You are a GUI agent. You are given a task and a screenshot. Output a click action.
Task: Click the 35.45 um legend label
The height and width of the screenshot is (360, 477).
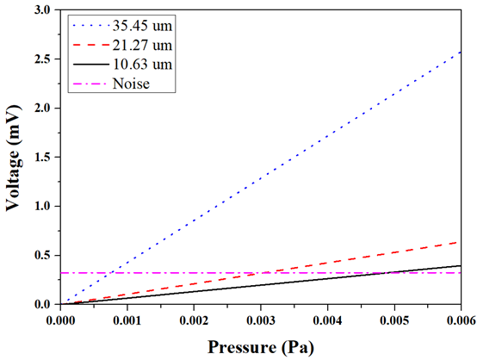(x=142, y=26)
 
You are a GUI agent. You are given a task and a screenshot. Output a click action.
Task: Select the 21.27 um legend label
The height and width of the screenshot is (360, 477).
(x=142, y=45)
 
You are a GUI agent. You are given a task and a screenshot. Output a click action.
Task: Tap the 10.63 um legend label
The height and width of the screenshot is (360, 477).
(x=142, y=65)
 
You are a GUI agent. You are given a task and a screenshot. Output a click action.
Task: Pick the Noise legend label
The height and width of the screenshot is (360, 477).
(x=131, y=84)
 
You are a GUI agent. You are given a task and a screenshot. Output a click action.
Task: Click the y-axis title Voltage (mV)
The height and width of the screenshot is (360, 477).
(x=14, y=158)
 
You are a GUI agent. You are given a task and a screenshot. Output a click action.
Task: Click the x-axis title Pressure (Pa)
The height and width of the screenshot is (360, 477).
(x=261, y=347)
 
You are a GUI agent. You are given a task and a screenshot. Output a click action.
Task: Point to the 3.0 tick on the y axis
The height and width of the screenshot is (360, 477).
(x=46, y=9)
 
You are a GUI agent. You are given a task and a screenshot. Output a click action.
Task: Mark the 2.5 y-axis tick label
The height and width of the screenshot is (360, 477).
(x=46, y=59)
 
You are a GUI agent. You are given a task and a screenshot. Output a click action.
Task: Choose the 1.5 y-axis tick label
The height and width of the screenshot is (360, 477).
(x=46, y=157)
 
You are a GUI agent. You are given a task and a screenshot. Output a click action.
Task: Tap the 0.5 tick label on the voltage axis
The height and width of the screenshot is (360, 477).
(x=46, y=255)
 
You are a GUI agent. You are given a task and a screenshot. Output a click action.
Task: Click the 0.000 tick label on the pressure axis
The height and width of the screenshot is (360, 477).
(x=60, y=320)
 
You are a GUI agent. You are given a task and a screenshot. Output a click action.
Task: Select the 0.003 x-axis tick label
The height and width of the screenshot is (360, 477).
(x=261, y=320)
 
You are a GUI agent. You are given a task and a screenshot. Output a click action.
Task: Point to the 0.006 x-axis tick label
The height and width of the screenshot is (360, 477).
(x=461, y=320)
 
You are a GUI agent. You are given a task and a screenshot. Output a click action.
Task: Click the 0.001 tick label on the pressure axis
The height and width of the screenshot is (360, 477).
(x=127, y=320)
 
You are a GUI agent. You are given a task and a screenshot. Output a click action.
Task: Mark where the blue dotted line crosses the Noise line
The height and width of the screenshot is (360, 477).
(x=111, y=273)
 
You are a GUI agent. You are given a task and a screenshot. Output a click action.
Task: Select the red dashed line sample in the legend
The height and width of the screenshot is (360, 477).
(x=91, y=46)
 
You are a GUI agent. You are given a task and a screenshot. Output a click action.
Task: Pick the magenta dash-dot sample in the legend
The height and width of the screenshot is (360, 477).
(x=91, y=84)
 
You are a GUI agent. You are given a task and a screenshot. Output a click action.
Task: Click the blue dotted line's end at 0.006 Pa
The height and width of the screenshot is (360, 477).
(x=461, y=52)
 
